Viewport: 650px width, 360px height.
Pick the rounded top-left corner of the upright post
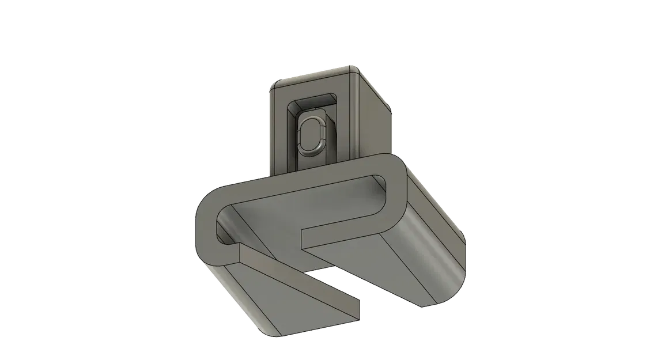(x=275, y=84)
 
